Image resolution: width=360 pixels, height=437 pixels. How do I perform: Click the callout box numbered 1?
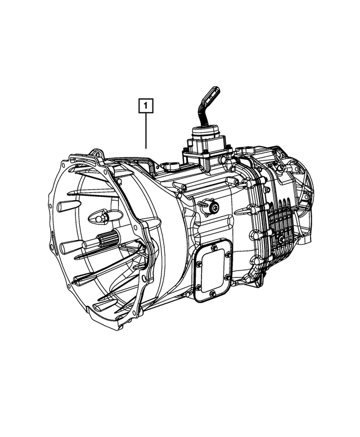click(x=146, y=105)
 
